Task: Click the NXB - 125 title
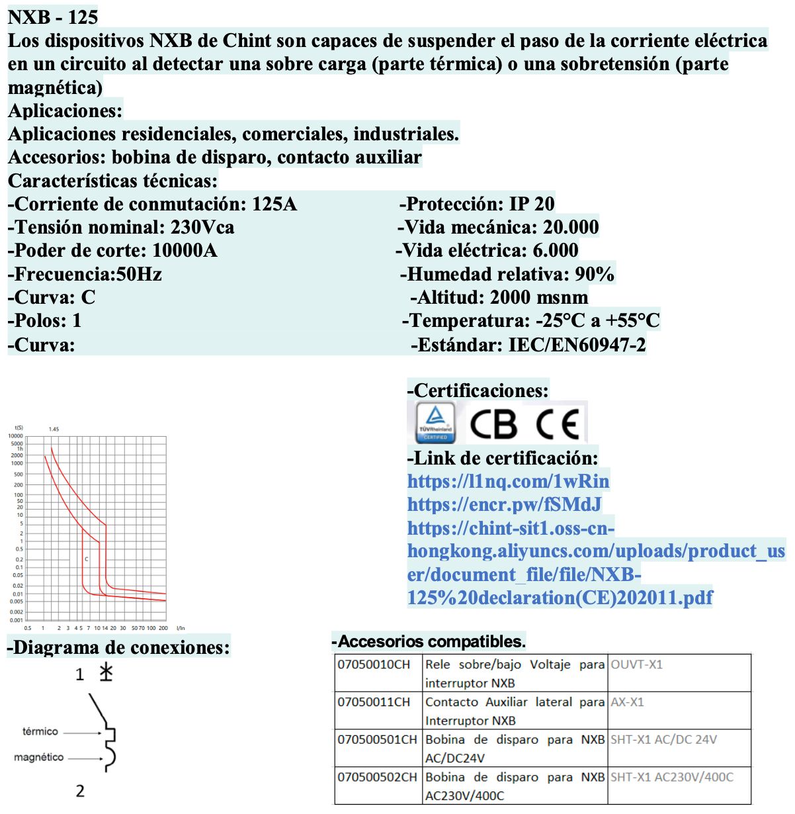point(53,17)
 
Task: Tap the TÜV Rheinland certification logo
point(435,422)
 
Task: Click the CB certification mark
point(493,424)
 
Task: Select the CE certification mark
point(558,424)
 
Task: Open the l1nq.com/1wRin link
point(508,481)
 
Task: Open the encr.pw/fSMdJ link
point(504,504)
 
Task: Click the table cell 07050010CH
point(374,664)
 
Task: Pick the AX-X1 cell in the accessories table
point(627,702)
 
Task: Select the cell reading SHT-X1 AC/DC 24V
point(663,740)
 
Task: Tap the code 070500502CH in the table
point(377,777)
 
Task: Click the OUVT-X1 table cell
point(636,664)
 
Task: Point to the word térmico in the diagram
point(40,731)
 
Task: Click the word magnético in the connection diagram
point(39,757)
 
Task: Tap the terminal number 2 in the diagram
point(80,791)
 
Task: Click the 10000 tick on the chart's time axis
point(15,436)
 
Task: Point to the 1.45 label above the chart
point(54,430)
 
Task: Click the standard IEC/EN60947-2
point(577,345)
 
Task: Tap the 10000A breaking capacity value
point(185,250)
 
